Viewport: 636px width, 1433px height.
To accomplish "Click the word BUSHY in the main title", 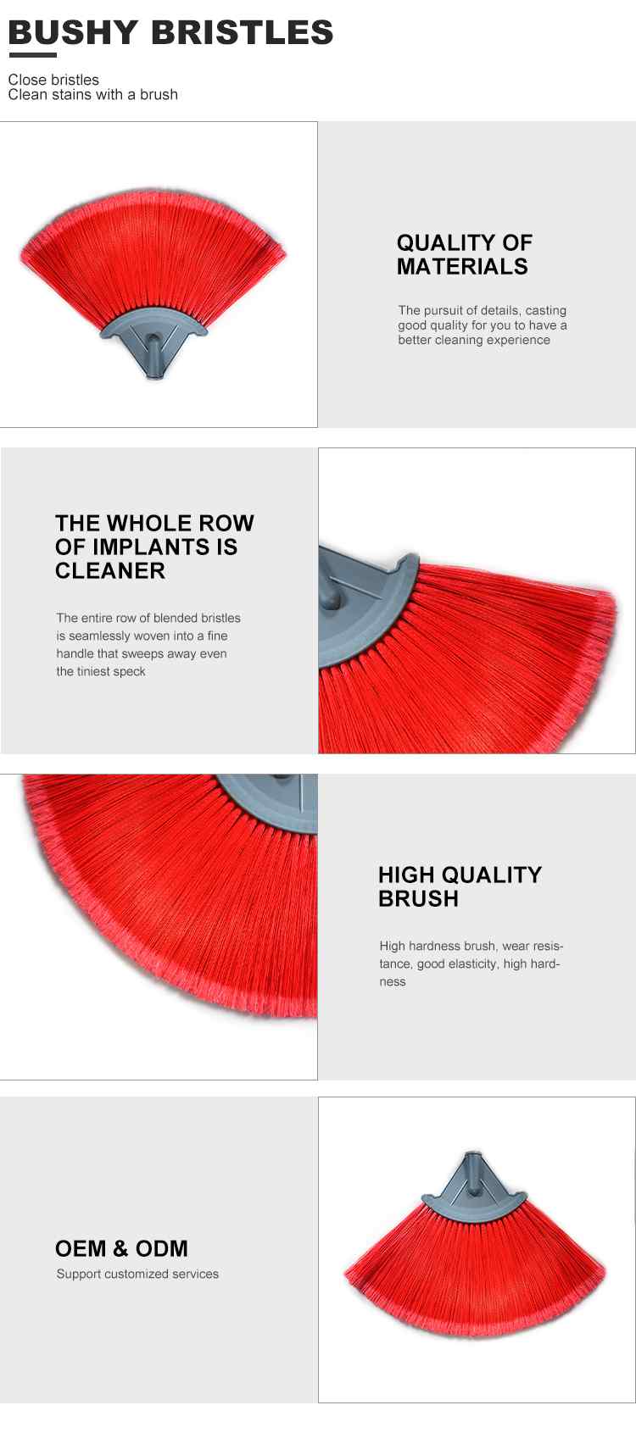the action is pyautogui.click(x=73, y=33).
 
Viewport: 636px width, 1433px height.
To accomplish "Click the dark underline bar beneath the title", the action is pyautogui.click(x=33, y=54).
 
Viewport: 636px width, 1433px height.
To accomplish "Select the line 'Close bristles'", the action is pyautogui.click(x=53, y=80).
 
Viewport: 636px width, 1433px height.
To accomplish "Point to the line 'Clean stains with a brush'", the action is pyautogui.click(x=93, y=95).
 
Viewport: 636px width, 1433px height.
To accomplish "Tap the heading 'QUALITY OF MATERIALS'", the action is pyautogui.click(x=465, y=254).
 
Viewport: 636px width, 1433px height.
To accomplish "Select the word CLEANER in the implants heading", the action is pyautogui.click(x=110, y=570).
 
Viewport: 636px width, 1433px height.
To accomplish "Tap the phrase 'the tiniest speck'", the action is pyautogui.click(x=101, y=672).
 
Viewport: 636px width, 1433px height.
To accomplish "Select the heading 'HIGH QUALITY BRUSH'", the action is pyautogui.click(x=460, y=886).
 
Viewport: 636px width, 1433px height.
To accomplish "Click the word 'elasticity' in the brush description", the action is pyautogui.click(x=470, y=964).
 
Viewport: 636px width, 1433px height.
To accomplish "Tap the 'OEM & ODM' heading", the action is pyautogui.click(x=122, y=1248).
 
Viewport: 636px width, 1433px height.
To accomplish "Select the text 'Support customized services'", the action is pyautogui.click(x=137, y=1274).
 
